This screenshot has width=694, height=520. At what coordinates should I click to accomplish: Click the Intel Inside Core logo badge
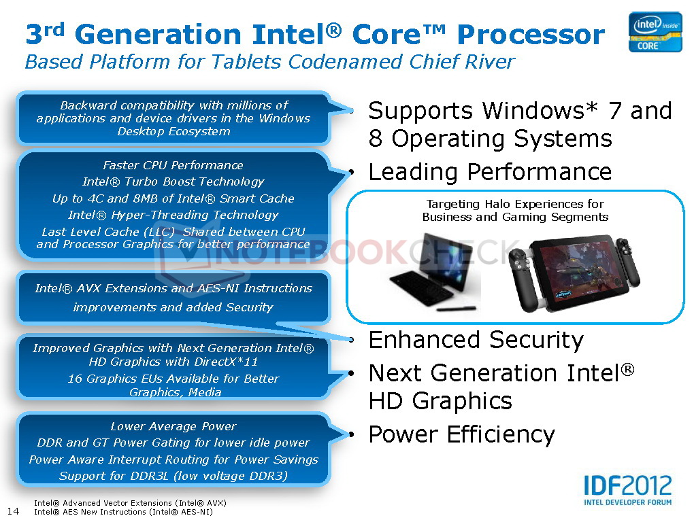click(655, 32)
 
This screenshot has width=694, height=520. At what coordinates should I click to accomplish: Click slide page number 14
click(14, 511)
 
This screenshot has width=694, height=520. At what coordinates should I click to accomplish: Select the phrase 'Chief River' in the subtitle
click(462, 61)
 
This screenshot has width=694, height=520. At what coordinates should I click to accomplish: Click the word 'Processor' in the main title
click(531, 35)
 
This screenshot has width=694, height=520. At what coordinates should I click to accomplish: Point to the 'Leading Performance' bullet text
click(490, 172)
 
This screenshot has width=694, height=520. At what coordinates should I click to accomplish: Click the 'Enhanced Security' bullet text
click(476, 340)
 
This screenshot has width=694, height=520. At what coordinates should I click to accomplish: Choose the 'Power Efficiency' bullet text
click(461, 434)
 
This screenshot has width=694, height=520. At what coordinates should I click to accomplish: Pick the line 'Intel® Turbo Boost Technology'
click(173, 181)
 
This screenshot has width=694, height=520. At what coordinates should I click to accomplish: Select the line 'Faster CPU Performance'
click(173, 165)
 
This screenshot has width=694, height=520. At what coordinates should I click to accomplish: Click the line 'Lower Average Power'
click(173, 426)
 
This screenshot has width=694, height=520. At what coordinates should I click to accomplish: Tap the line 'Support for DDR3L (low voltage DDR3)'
click(173, 476)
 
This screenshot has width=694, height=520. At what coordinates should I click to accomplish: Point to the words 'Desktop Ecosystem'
click(173, 131)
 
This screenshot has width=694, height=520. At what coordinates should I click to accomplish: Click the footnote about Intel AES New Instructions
click(123, 512)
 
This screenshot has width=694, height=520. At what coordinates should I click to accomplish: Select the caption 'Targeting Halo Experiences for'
click(515, 204)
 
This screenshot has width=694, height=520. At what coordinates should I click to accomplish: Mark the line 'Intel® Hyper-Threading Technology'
click(173, 215)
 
